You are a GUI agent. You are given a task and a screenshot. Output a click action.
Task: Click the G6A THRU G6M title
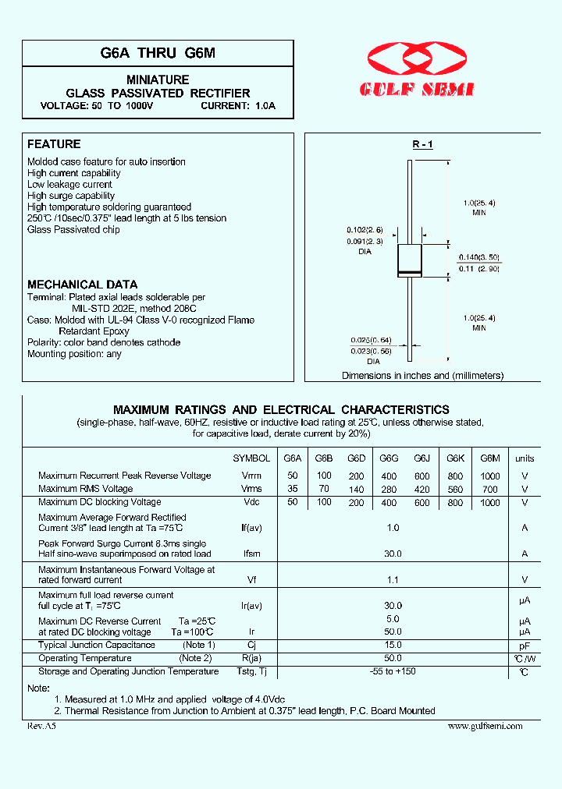pos(158,53)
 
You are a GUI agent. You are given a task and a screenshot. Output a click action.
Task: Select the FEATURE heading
pos(54,144)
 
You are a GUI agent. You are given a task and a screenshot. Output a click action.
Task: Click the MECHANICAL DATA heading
pos(82,285)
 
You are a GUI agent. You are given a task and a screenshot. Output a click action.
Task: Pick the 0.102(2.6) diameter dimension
pos(365,230)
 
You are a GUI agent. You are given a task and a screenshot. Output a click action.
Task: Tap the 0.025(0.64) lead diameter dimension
pos(370,339)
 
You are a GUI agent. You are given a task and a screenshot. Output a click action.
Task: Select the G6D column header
pos(356,458)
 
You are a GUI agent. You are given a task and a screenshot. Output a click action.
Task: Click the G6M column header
pos(490,458)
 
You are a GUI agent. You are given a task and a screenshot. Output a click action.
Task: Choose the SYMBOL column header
pos(251,458)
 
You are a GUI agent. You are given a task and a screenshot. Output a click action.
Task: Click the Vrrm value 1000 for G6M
pos(490,476)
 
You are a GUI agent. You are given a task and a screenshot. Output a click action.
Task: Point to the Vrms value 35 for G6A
pos(293,489)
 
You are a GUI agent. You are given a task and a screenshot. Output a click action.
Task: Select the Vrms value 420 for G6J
pos(422,490)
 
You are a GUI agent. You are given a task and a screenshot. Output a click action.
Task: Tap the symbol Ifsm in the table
pos(251,554)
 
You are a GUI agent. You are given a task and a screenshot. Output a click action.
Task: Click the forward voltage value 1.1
pos(393,579)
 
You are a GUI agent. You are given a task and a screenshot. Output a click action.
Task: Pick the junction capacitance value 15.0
pos(393,645)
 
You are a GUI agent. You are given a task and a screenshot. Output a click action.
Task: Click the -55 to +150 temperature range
pos(393,671)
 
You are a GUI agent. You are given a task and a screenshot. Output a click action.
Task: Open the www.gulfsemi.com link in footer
pos(485,726)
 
